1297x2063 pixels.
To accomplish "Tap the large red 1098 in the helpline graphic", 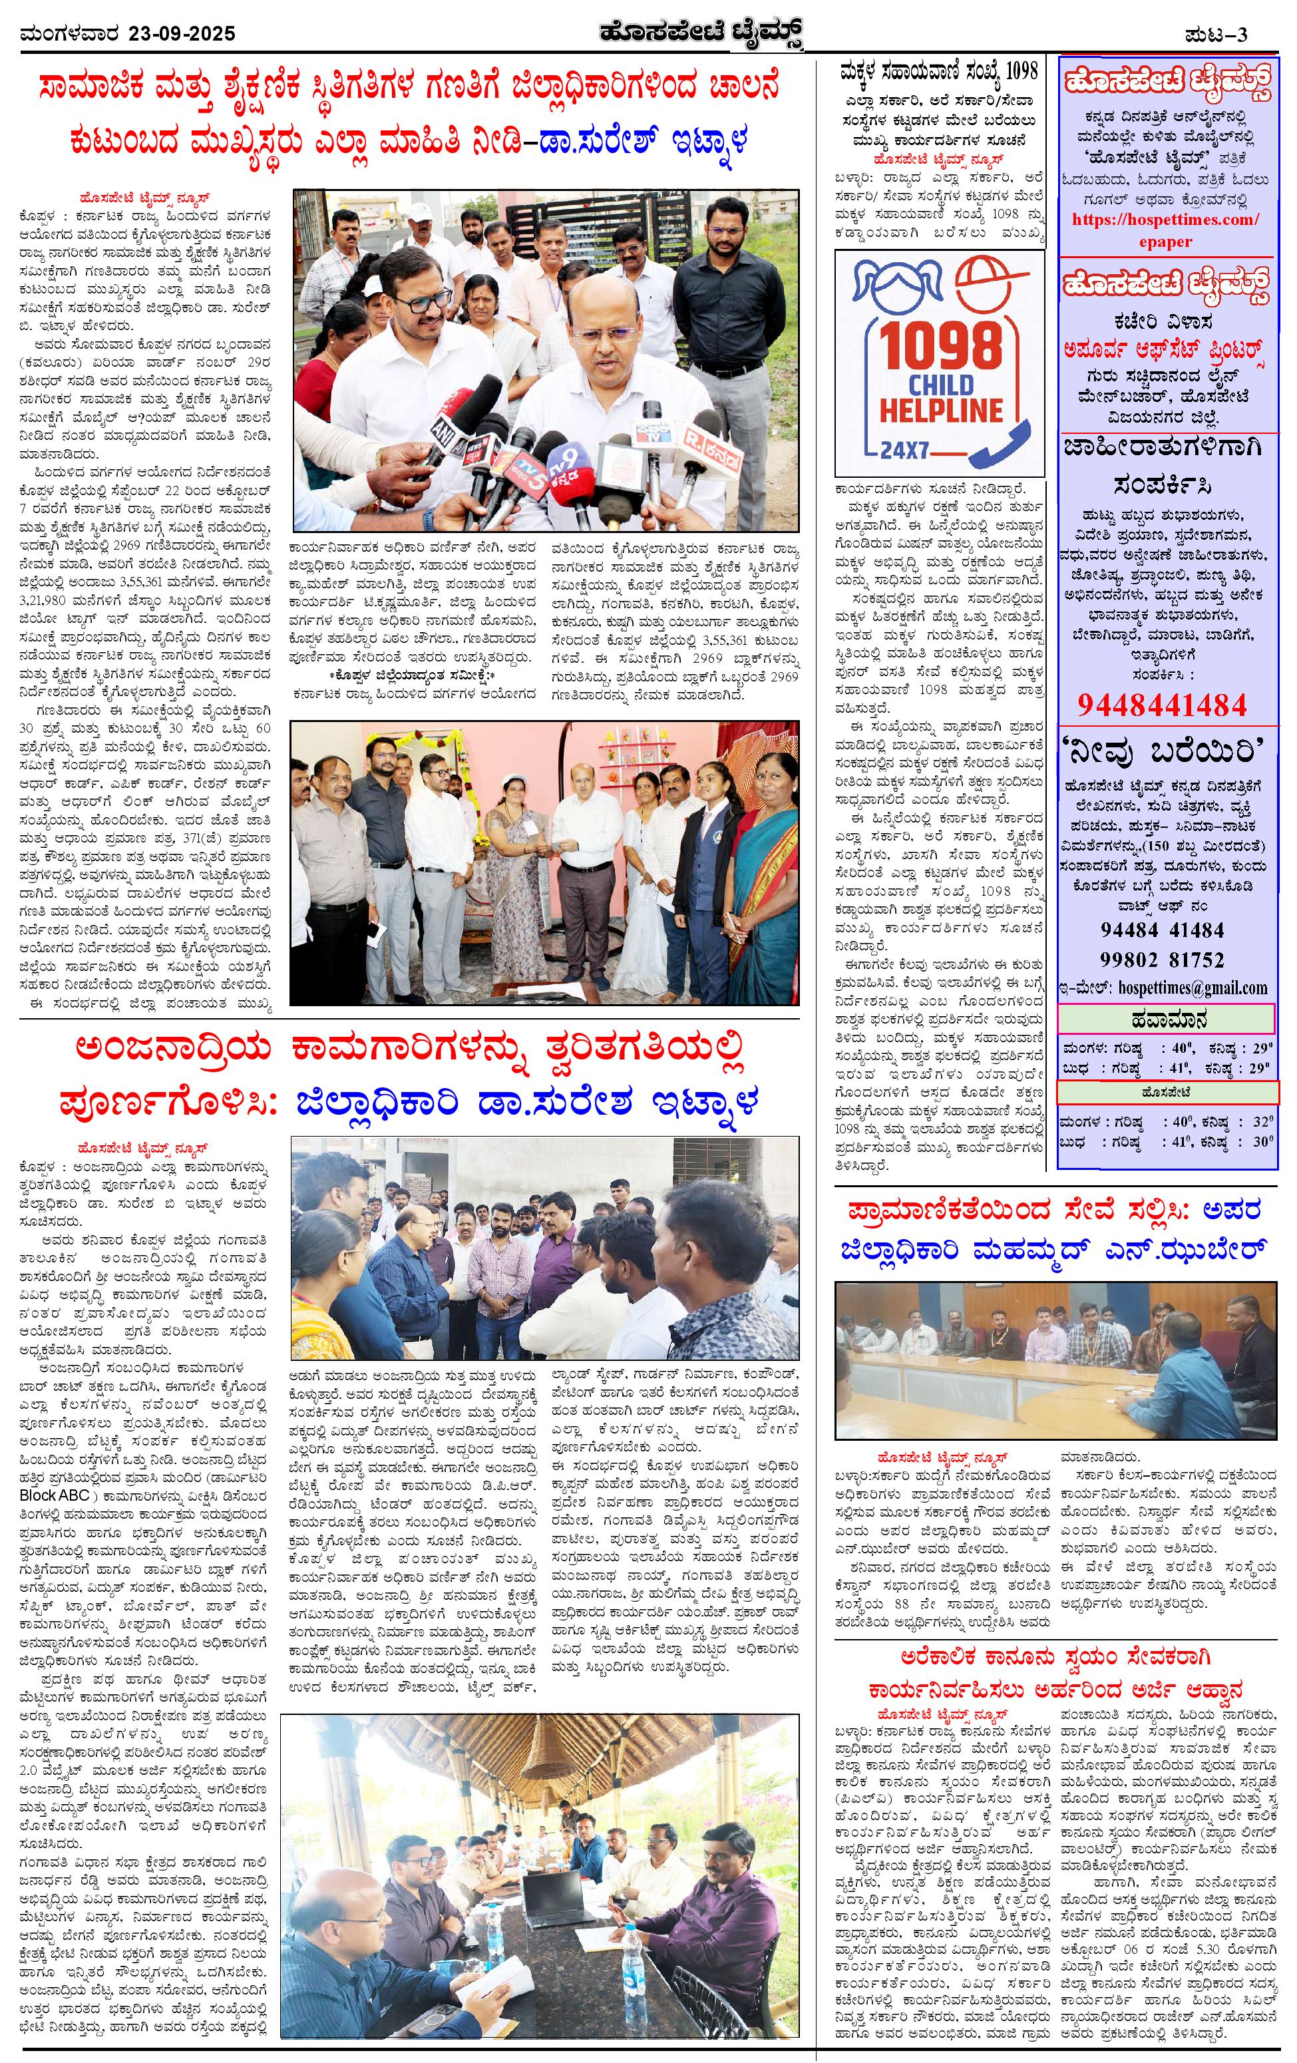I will tap(940, 347).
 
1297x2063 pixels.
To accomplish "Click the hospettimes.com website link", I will tap(1166, 220).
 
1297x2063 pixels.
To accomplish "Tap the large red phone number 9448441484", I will tap(1162, 704).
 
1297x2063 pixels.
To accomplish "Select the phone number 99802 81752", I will tap(1162, 960).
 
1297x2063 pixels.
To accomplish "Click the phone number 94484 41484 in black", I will tap(1162, 930).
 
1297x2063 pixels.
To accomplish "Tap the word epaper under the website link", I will tap(1166, 241).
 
